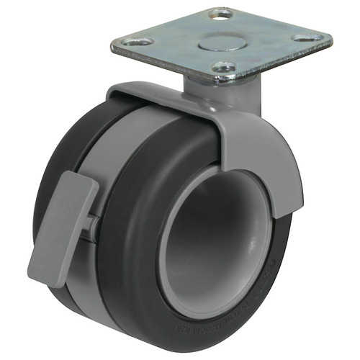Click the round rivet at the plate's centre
click(220, 37)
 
